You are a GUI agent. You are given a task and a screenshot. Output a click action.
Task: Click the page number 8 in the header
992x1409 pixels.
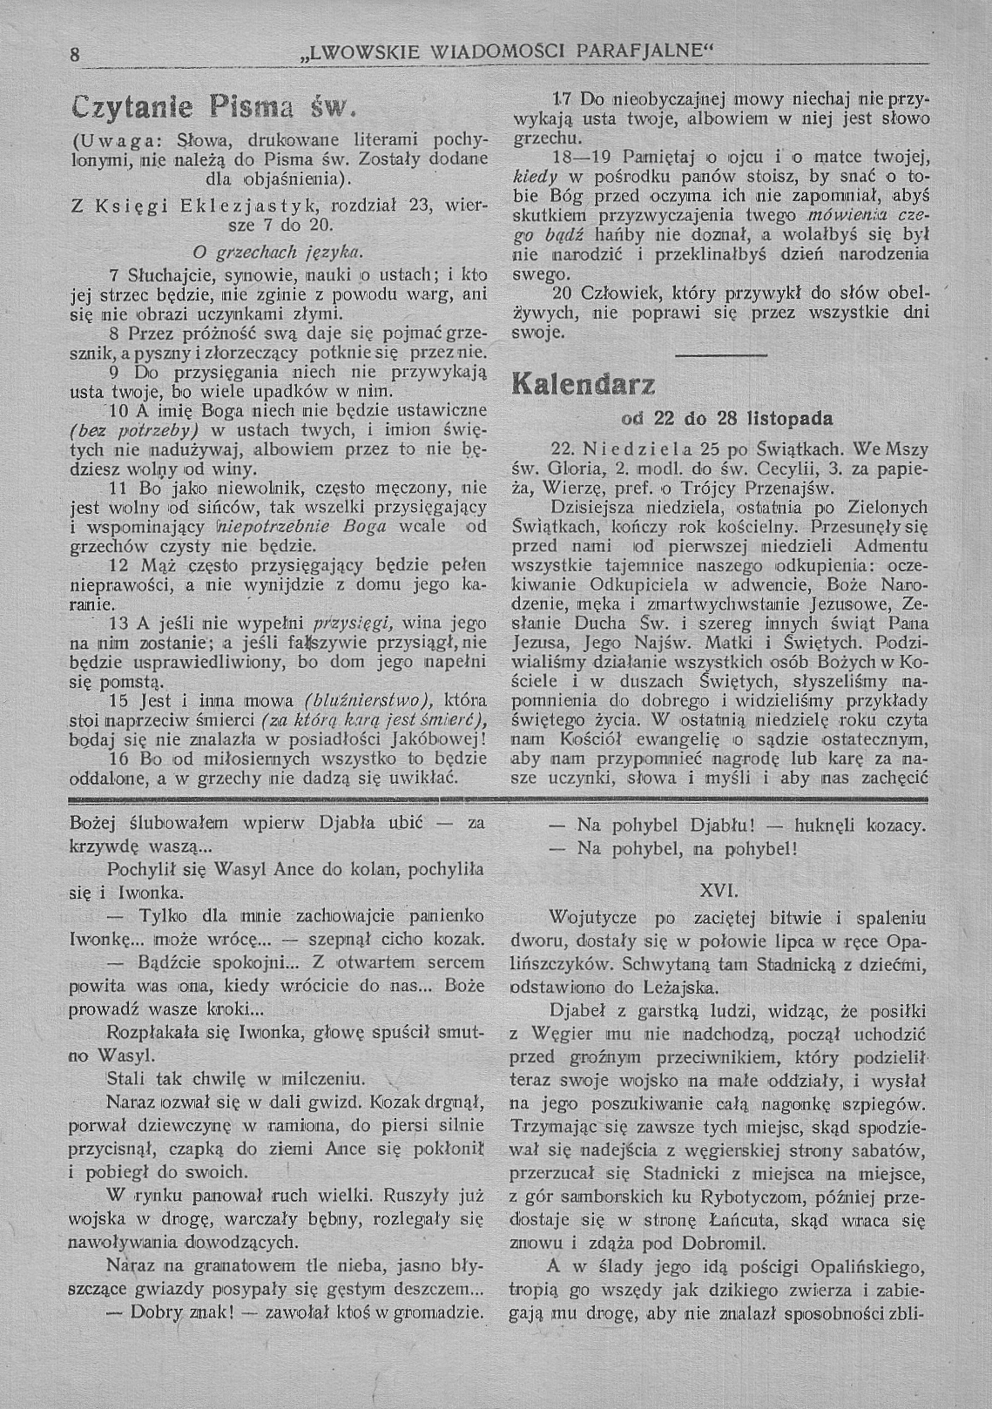74,55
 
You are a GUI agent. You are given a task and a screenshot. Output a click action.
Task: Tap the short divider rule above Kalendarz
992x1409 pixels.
721,355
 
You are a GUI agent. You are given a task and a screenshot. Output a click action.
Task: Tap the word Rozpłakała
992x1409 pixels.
154,1032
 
